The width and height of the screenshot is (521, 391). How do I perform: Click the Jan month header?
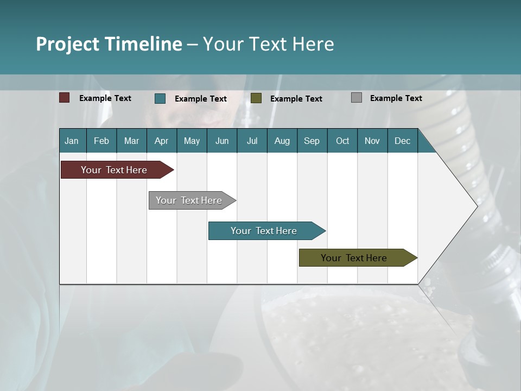click(72, 141)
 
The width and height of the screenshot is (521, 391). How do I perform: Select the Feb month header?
click(101, 141)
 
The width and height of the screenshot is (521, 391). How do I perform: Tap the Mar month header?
click(131, 141)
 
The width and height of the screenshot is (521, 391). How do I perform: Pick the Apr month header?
click(162, 141)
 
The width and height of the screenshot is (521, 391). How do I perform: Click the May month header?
click(192, 141)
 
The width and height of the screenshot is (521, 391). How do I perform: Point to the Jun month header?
click(222, 141)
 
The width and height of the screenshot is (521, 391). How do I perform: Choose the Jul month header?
click(252, 141)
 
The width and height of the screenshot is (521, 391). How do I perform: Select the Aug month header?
click(282, 141)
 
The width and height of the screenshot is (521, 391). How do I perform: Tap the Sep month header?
click(312, 141)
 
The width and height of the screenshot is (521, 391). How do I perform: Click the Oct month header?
click(342, 141)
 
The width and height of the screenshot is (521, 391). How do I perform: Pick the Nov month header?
click(372, 141)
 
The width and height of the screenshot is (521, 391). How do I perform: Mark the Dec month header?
click(403, 141)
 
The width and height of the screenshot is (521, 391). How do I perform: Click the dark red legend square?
click(65, 98)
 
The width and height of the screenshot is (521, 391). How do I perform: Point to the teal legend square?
click(160, 98)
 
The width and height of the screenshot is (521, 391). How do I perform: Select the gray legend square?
click(357, 98)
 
